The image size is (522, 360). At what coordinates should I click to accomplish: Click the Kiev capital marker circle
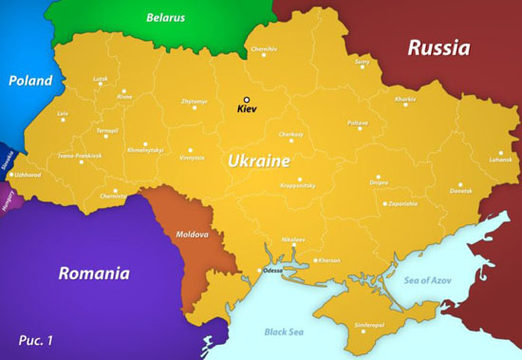(246, 100)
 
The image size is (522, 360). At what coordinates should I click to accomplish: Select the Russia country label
(438, 47)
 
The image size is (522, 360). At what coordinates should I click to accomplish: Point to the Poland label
(29, 81)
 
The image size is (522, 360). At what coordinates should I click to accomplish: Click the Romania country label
(93, 274)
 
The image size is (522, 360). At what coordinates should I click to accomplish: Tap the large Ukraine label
(258, 161)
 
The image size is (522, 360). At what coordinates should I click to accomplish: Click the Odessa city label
(272, 270)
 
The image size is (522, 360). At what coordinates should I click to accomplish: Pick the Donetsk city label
(459, 191)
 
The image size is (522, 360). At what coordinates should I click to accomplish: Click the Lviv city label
(64, 114)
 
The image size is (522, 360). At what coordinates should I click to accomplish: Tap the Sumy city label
(362, 62)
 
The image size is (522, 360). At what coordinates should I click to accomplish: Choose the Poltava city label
(357, 123)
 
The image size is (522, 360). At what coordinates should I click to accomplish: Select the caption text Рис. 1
(36, 339)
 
